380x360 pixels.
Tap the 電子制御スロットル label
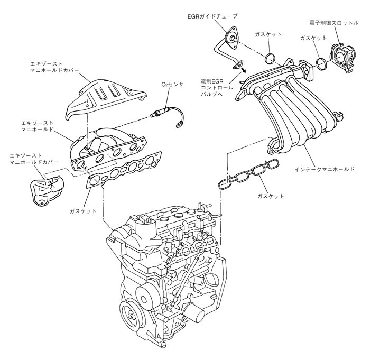(x=334, y=23)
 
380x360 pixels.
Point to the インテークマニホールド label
(x=324, y=171)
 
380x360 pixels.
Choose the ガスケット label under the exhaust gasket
(x=82, y=211)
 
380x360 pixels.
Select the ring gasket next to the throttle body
(x=320, y=64)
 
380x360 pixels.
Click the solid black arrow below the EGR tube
(x=243, y=68)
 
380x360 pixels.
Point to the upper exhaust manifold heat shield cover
(x=104, y=98)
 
